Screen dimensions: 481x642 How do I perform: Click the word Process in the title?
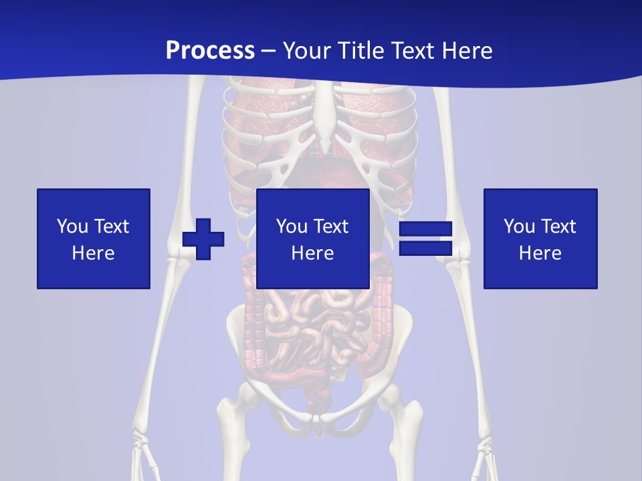click(x=210, y=50)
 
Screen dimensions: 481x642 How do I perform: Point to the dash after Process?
click(x=268, y=51)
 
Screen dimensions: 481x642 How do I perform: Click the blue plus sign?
click(x=203, y=238)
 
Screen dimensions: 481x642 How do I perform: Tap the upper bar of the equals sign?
click(x=425, y=228)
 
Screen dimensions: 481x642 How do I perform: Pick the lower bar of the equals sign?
click(x=425, y=248)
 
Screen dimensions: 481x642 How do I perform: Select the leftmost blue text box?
click(x=94, y=238)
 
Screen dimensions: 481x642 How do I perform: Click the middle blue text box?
click(x=313, y=238)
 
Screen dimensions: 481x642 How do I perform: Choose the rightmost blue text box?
click(x=540, y=238)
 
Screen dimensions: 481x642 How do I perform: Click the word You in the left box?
click(x=72, y=226)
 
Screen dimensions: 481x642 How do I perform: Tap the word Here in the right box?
click(x=540, y=253)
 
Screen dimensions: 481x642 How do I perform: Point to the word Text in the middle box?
click(x=330, y=226)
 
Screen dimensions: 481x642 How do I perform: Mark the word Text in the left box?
click(x=111, y=226)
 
